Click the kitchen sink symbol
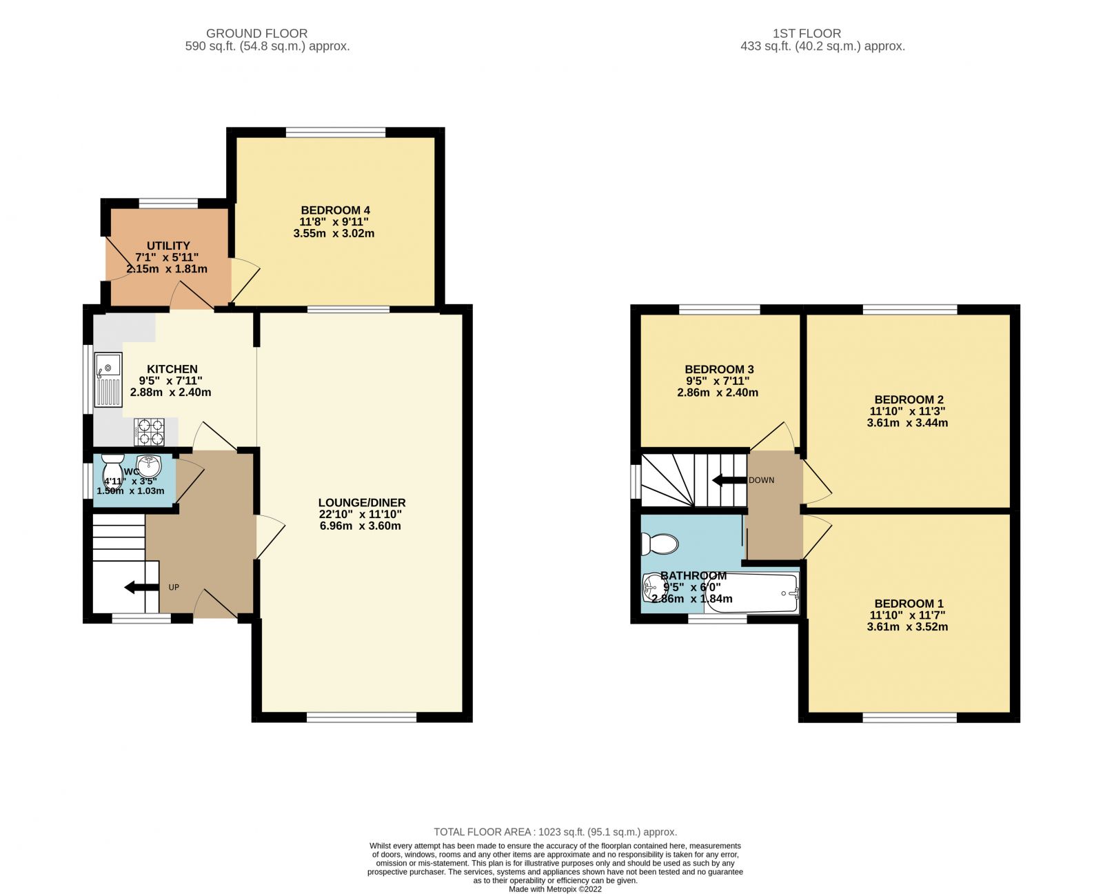point(108,379)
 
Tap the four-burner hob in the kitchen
point(150,432)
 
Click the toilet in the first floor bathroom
point(659,544)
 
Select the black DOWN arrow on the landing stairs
point(729,480)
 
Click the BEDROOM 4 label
point(335,210)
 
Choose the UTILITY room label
point(168,246)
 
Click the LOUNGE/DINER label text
point(361,503)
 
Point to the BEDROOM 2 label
point(909,399)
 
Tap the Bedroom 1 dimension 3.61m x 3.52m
point(907,627)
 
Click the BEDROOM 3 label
point(718,369)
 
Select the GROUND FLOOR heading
point(256,33)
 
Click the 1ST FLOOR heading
point(807,33)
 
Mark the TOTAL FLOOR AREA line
point(555,832)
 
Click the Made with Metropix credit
point(555,889)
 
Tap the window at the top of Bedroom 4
point(336,132)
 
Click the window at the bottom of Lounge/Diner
point(361,717)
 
